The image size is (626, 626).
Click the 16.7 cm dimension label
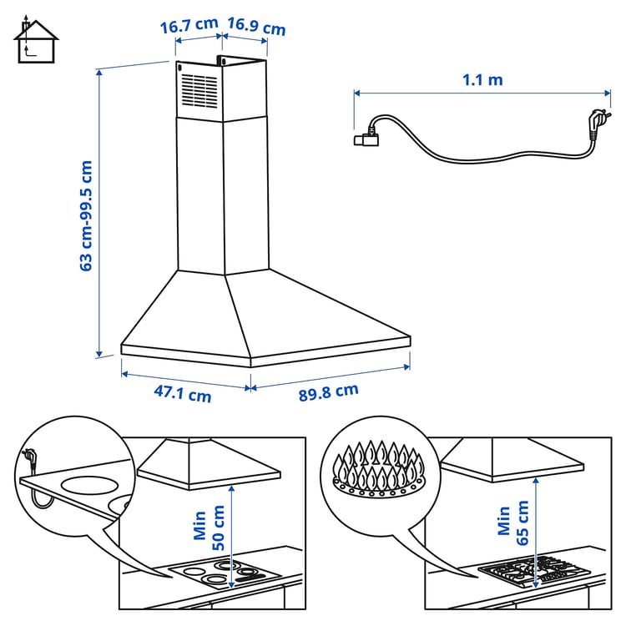(x=189, y=26)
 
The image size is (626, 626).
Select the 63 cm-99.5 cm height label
(x=86, y=215)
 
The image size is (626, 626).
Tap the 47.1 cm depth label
(x=184, y=394)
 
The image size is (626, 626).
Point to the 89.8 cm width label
(x=329, y=391)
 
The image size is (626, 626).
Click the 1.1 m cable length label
(x=482, y=80)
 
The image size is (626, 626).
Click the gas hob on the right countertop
(x=534, y=572)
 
